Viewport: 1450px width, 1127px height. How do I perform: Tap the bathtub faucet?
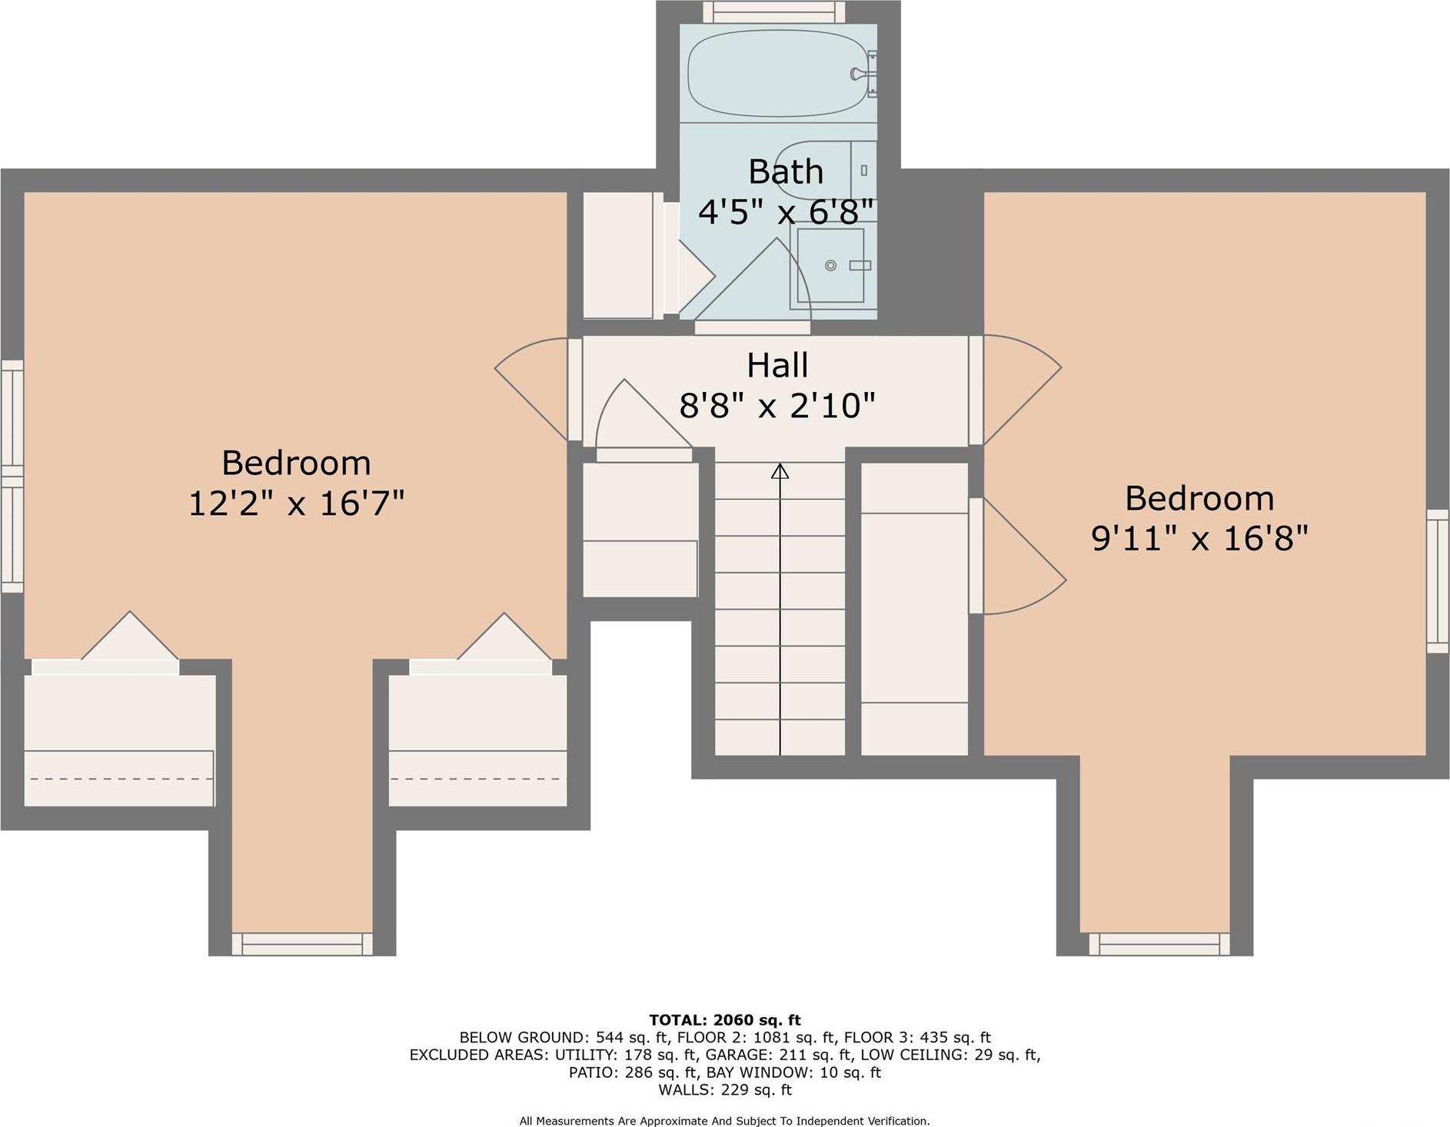tap(858, 74)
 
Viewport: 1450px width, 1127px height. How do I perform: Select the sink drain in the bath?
tap(830, 265)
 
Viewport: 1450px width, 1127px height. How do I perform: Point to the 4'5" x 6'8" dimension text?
tap(786, 211)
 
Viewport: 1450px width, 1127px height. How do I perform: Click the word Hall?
tap(777, 365)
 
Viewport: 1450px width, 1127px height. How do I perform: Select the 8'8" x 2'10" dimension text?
tap(777, 405)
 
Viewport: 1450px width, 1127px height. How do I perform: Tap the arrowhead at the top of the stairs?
tap(780, 470)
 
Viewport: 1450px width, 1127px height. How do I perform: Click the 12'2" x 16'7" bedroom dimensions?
tap(296, 504)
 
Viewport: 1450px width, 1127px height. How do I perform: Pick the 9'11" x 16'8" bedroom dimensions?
tap(1199, 538)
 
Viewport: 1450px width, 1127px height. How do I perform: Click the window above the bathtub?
tap(774, 12)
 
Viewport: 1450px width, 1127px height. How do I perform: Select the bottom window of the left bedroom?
tap(302, 943)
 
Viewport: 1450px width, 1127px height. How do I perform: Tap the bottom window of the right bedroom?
tap(1159, 943)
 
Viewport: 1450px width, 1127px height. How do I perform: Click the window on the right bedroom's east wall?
tap(1438, 581)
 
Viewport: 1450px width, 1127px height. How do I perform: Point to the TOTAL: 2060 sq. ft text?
tap(725, 1020)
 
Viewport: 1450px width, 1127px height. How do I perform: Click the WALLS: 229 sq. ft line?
tap(725, 1089)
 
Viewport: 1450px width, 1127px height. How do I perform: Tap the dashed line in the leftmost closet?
tap(119, 779)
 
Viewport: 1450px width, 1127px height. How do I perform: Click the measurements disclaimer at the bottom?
tap(725, 1121)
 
